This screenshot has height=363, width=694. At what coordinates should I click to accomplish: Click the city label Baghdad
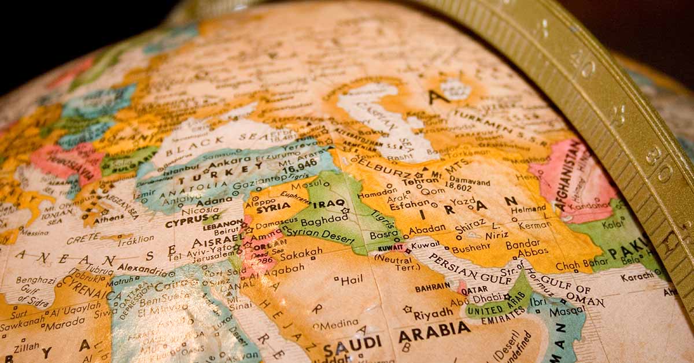coord(324,221)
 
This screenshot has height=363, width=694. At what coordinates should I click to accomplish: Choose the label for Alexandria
coord(141,269)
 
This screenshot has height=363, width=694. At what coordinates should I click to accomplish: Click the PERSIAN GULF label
coord(463,268)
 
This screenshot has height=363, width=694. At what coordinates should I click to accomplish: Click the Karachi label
coord(638,277)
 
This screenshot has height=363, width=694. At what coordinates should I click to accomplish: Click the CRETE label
coord(83,238)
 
